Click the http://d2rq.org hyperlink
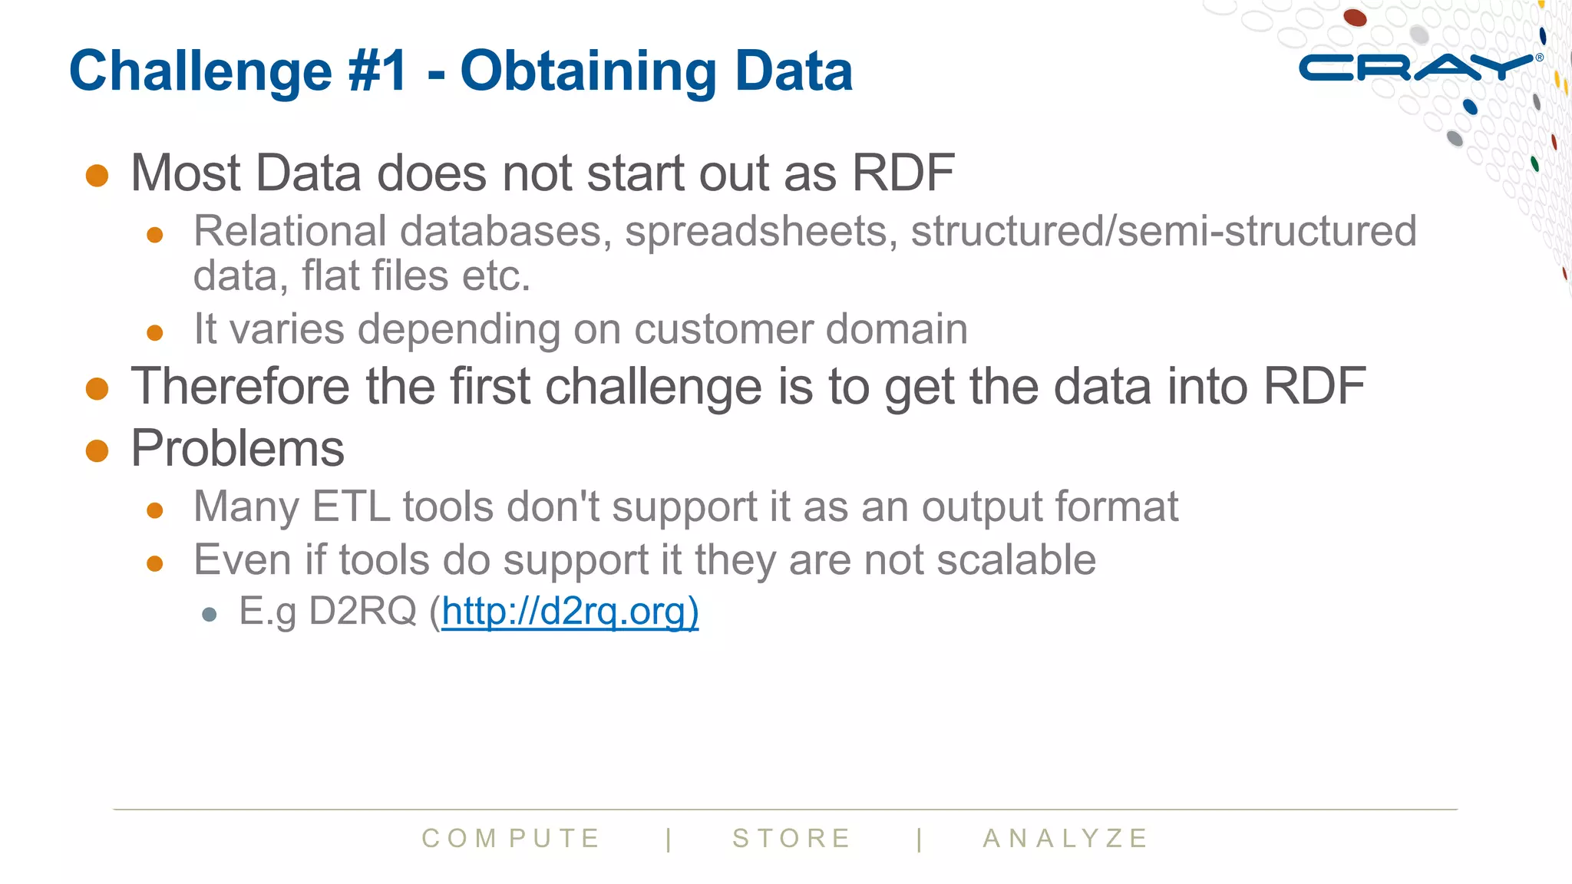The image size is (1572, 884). tap(570, 612)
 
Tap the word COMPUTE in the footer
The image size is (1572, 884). tap(511, 838)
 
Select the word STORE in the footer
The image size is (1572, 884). tap(791, 838)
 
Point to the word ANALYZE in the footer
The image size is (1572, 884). tap(1065, 838)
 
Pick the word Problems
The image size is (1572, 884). tap(238, 448)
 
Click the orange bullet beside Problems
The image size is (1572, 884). tap(97, 450)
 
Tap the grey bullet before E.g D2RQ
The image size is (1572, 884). tap(210, 615)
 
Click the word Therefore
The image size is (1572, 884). tap(239, 386)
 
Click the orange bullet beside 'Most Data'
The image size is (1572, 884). tap(97, 175)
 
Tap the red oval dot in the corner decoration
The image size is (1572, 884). tap(1355, 17)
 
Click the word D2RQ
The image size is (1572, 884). tap(362, 612)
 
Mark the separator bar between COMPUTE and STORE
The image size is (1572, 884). tap(669, 839)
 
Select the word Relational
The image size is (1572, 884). tap(290, 231)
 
